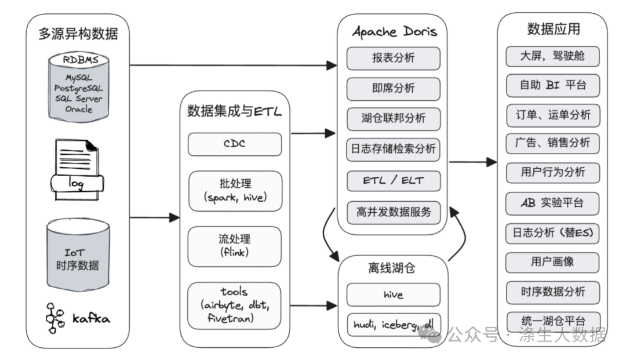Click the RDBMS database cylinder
click(79, 87)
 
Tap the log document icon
click(77, 169)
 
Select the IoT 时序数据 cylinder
click(78, 254)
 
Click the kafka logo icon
click(54, 318)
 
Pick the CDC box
click(235, 144)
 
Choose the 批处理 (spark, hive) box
click(235, 191)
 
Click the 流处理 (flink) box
click(234, 246)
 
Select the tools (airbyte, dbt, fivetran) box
click(234, 306)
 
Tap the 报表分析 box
click(393, 59)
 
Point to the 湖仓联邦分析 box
click(394, 119)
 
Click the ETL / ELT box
click(394, 181)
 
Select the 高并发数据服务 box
click(394, 212)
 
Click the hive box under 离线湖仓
click(394, 294)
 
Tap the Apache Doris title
click(395, 31)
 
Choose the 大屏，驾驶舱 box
click(552, 56)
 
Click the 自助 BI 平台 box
click(553, 85)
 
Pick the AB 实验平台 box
click(552, 203)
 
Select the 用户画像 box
click(552, 262)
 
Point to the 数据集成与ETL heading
click(234, 111)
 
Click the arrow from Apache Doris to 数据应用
click(473, 162)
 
